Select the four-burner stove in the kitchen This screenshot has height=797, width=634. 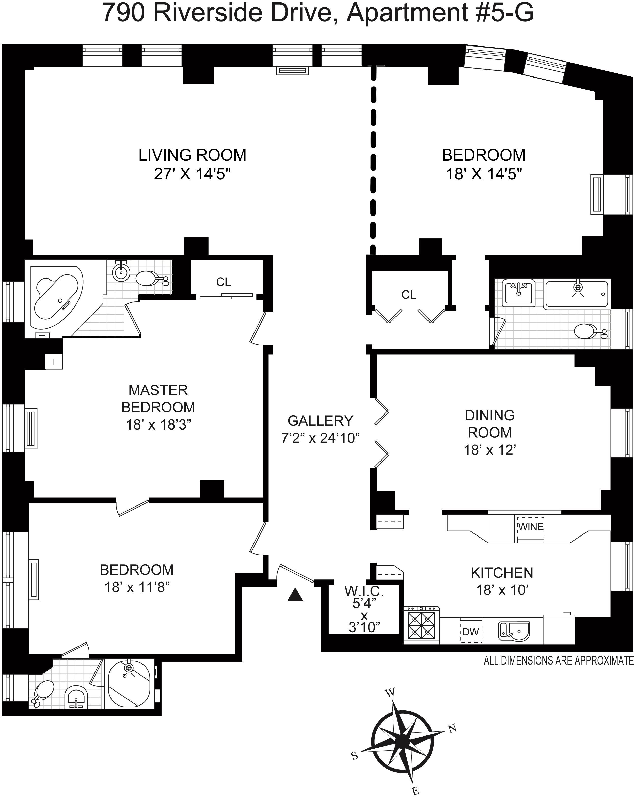pyautogui.click(x=421, y=625)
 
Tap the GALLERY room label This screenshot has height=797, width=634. pyautogui.click(x=320, y=421)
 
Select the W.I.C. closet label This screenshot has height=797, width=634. pyautogui.click(x=364, y=591)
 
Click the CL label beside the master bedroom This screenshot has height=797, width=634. pyautogui.click(x=224, y=282)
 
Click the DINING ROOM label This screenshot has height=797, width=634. pyautogui.click(x=489, y=424)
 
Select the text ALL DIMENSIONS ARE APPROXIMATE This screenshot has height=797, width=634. pyautogui.click(x=558, y=660)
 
